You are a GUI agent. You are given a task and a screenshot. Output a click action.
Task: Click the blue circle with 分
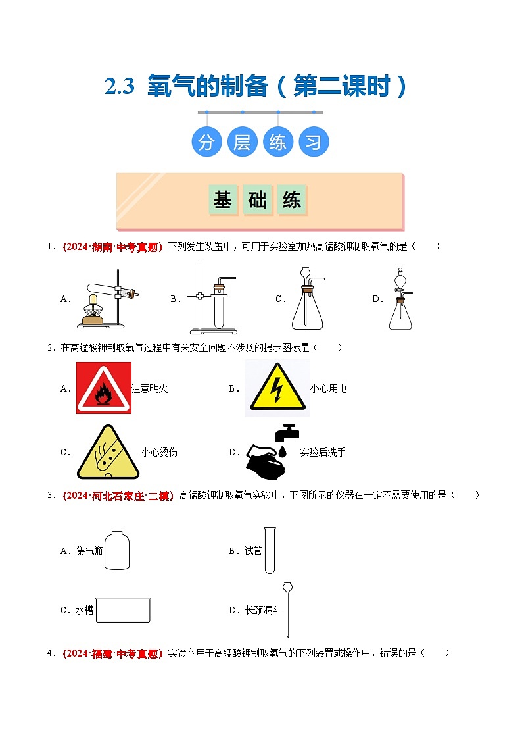click(x=206, y=142)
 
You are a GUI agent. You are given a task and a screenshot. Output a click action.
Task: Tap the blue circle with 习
click(x=314, y=142)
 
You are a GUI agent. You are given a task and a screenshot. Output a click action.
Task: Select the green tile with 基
click(x=223, y=200)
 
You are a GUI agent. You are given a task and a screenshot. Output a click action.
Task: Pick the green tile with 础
click(x=258, y=200)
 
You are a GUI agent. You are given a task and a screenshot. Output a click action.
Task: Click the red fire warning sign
click(x=103, y=388)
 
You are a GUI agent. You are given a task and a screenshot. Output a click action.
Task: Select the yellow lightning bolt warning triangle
click(x=277, y=388)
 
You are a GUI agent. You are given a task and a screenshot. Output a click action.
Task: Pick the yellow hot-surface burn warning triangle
click(x=108, y=452)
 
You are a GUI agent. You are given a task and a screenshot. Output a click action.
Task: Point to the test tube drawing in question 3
click(x=270, y=549)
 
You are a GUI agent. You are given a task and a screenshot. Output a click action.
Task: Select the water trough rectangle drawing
click(x=123, y=610)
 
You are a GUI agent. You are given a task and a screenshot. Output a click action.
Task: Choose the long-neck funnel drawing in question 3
click(x=287, y=609)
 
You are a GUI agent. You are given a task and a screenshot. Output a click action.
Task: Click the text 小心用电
click(x=328, y=388)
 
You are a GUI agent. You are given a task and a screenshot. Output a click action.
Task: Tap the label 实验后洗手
click(x=323, y=452)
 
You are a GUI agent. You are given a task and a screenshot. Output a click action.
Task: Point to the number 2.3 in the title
click(x=119, y=87)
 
